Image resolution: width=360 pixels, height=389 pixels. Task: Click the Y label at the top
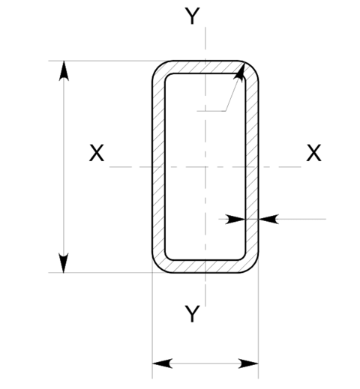(192, 16)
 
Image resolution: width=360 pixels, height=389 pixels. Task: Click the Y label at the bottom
(192, 314)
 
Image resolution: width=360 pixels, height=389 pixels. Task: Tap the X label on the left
(97, 153)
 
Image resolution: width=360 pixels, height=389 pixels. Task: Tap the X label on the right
(313, 153)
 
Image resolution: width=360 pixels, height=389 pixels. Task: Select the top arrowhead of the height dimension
(64, 70)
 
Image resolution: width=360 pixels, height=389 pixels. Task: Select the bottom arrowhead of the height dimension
(64, 263)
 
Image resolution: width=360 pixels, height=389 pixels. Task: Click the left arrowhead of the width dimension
(162, 364)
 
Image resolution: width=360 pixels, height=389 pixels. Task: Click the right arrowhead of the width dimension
(248, 364)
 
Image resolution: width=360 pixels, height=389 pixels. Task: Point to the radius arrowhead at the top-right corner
(239, 73)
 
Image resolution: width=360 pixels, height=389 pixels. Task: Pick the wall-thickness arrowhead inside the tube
(235, 219)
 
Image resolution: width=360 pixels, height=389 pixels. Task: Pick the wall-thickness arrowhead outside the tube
(268, 219)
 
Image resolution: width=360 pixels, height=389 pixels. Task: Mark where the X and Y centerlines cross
(205, 166)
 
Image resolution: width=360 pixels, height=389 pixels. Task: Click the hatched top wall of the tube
(205, 67)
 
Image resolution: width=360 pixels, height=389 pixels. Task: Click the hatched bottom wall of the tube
(205, 266)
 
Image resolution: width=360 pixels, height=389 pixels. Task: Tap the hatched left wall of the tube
(158, 166)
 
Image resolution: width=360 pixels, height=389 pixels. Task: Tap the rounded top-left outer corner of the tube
(158, 67)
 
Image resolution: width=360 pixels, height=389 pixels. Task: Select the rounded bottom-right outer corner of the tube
(253, 267)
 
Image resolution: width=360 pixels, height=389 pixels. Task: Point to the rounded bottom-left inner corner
(167, 258)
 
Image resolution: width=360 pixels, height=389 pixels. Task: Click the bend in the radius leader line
(225, 111)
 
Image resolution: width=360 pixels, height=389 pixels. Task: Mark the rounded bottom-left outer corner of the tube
(158, 267)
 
